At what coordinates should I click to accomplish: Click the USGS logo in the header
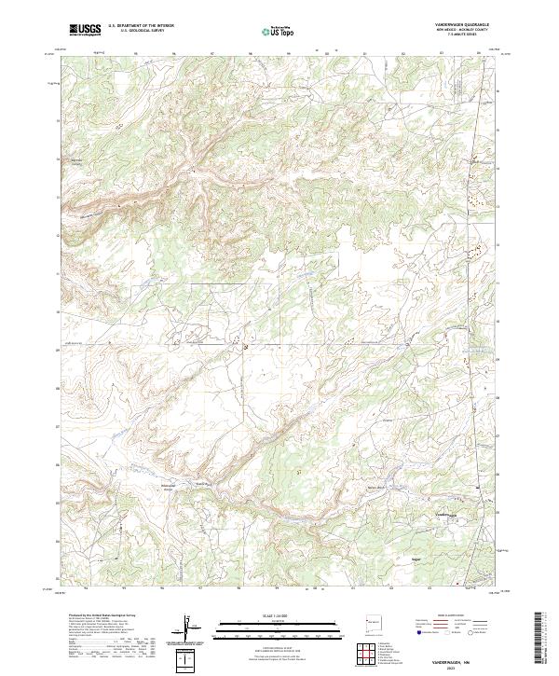[x=85, y=30]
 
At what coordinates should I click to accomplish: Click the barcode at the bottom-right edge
[x=538, y=636]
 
